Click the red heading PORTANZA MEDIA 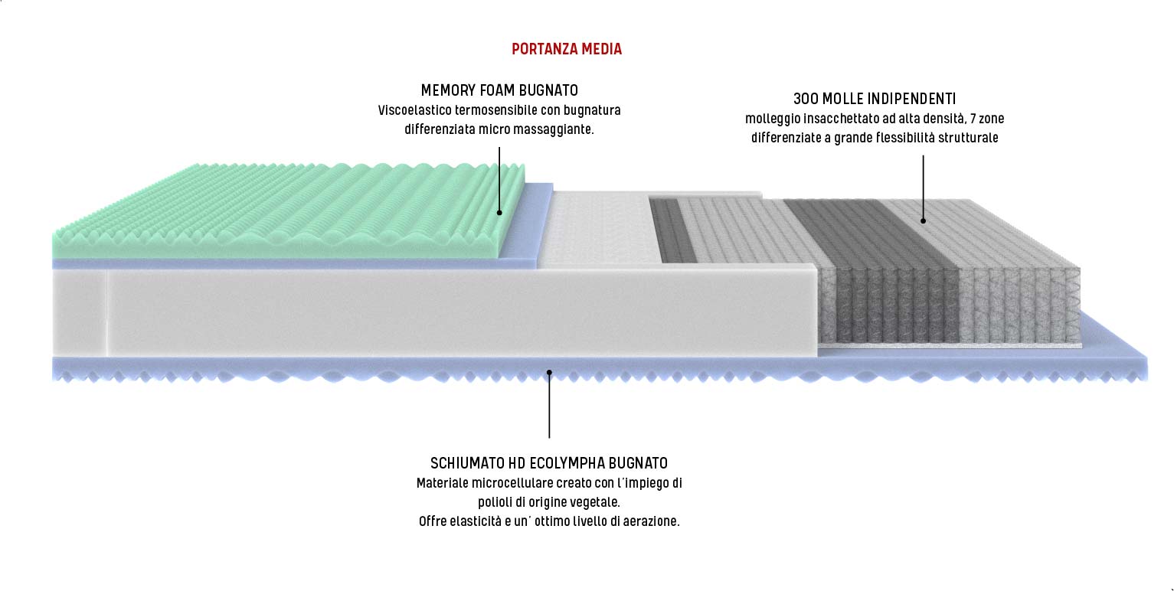[x=567, y=50]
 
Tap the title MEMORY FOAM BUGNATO [x=499, y=90]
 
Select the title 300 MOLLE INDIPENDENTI [x=874, y=99]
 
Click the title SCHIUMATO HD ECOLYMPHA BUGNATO [x=548, y=463]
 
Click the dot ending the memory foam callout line [x=499, y=212]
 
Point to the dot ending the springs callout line [x=923, y=221]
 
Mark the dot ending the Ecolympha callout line [x=549, y=372]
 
